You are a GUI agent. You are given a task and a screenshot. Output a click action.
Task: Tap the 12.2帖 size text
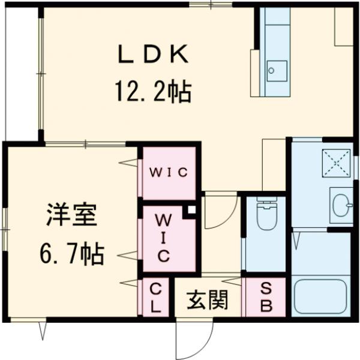click(152, 92)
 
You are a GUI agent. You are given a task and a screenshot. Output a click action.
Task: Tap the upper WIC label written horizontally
click(169, 173)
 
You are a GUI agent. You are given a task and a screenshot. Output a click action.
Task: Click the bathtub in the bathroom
click(323, 296)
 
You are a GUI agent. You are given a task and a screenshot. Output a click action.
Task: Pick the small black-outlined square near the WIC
click(191, 210)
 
